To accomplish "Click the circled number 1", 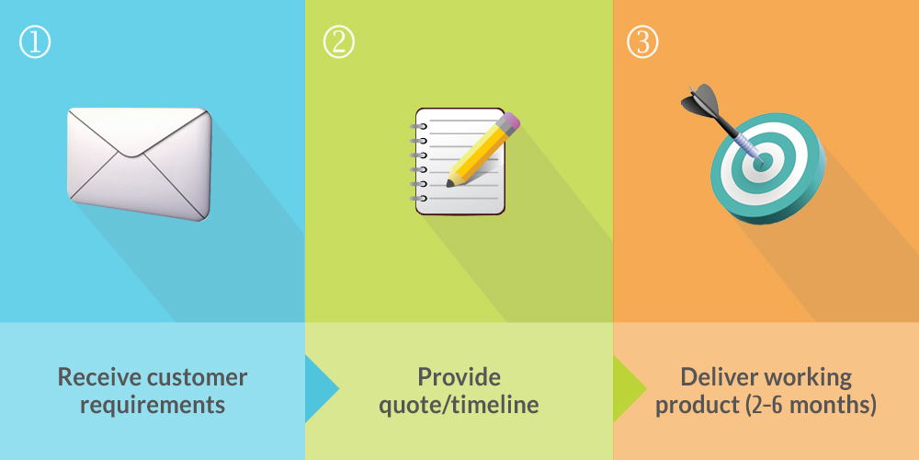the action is [x=35, y=42].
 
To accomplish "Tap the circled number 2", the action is [x=339, y=42].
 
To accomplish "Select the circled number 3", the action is [x=642, y=42].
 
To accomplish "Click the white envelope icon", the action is [x=140, y=164].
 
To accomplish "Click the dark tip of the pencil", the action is [x=450, y=184].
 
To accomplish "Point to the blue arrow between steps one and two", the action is [x=322, y=388].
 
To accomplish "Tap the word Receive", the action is [x=98, y=376].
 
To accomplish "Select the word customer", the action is [x=198, y=377].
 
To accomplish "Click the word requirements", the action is [x=153, y=406].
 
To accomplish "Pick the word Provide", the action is [x=459, y=376].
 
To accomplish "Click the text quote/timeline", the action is [x=459, y=406].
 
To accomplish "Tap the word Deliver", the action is [x=715, y=376].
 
